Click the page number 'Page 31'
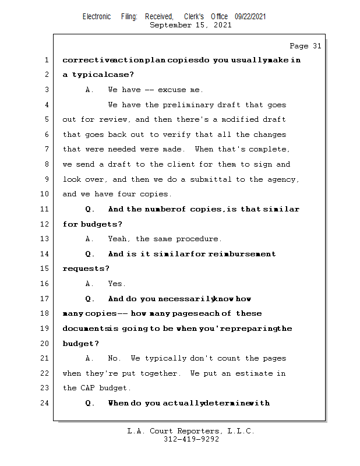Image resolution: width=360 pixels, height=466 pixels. pyautogui.click(x=305, y=46)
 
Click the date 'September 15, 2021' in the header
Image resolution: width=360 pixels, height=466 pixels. pyautogui.click(x=190, y=25)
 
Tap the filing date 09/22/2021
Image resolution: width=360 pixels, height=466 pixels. pyautogui.click(x=250, y=17)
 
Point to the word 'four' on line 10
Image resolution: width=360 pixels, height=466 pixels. pyautogui.click(x=119, y=194)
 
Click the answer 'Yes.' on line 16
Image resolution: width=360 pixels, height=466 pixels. pyautogui.click(x=117, y=284)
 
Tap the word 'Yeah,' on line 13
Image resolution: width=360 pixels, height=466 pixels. pyautogui.click(x=119, y=239)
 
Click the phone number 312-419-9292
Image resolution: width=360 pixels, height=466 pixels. pyautogui.click(x=191, y=439)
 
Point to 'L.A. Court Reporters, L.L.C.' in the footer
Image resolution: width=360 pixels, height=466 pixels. pyautogui.click(x=191, y=431)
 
